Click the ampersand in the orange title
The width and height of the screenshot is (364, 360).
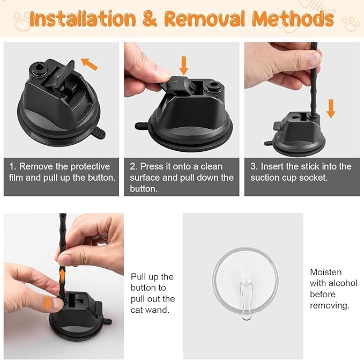(150, 18)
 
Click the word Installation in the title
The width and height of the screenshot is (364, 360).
(83, 18)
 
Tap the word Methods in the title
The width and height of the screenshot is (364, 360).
(293, 18)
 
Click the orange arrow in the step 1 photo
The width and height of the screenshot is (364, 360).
(90, 64)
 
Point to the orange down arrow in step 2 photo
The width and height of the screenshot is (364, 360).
(184, 66)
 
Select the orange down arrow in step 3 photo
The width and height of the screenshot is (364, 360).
(331, 109)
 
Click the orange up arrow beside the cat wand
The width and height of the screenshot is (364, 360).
(62, 275)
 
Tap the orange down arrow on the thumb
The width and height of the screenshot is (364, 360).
(47, 303)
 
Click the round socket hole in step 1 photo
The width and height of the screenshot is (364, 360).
(39, 68)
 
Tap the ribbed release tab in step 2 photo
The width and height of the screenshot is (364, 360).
(141, 126)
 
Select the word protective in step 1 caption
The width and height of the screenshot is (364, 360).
(90, 166)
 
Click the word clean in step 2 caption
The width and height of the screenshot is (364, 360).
(211, 166)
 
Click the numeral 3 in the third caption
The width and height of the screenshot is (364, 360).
(253, 166)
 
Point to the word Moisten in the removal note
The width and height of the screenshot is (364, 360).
(326, 272)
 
